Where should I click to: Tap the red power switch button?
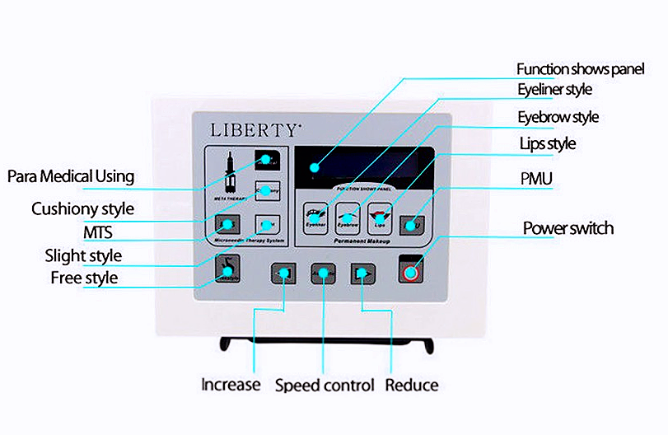[409, 269]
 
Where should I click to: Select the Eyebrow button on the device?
[348, 216]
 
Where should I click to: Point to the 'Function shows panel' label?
[580, 68]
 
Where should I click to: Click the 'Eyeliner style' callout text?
[554, 89]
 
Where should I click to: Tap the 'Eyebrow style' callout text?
[558, 117]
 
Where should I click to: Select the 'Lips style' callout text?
[547, 144]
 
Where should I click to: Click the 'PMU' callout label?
[536, 178]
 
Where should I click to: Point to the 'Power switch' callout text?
[568, 227]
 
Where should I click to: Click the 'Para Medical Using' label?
[70, 176]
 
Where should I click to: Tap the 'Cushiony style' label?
[82, 208]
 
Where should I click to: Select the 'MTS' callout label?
[97, 232]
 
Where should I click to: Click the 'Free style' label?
[84, 278]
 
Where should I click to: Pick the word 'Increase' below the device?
[231, 385]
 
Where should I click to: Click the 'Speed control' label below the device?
[325, 385]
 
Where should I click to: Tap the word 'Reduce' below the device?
[412, 385]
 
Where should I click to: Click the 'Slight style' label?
[83, 255]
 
